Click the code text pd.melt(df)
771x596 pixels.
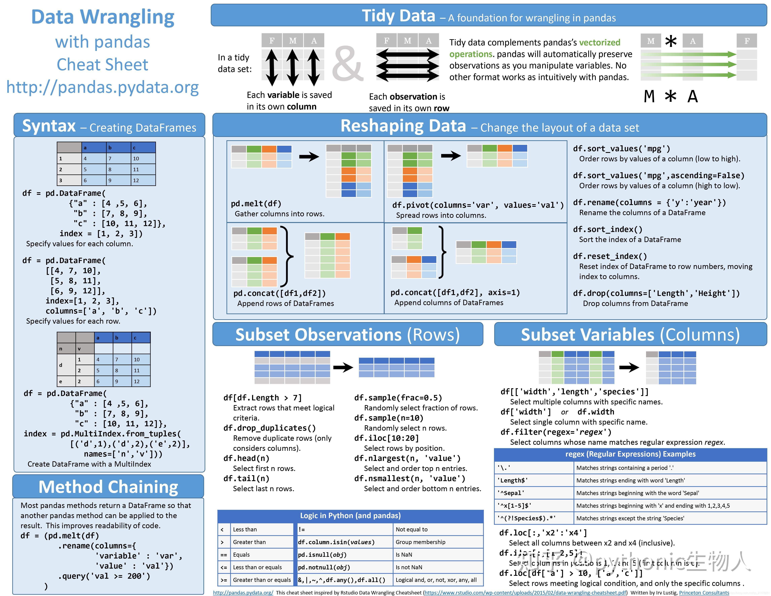point(256,204)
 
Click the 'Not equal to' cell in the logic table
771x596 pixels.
point(412,529)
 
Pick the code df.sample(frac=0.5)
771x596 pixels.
point(398,398)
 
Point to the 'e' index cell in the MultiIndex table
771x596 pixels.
point(61,381)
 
